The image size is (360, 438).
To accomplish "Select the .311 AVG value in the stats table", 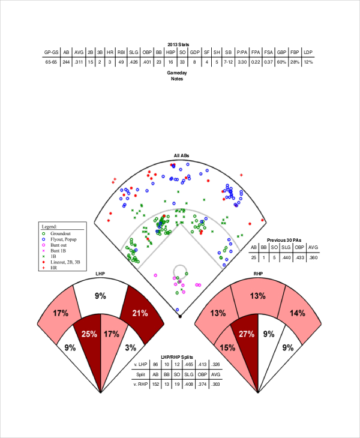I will [78, 61].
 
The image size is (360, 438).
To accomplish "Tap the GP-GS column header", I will [52, 52].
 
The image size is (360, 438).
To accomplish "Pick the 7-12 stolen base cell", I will [227, 61].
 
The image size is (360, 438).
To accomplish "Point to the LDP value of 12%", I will [308, 61].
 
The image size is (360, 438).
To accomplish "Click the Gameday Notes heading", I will [177, 76].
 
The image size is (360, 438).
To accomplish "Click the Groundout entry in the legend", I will [61, 233].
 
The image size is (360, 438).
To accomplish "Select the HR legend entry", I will [53, 267].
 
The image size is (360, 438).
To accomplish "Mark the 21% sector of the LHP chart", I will [140, 313].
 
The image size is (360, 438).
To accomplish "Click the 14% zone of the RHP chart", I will [297, 313].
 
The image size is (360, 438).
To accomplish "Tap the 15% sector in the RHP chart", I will [227, 347].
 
